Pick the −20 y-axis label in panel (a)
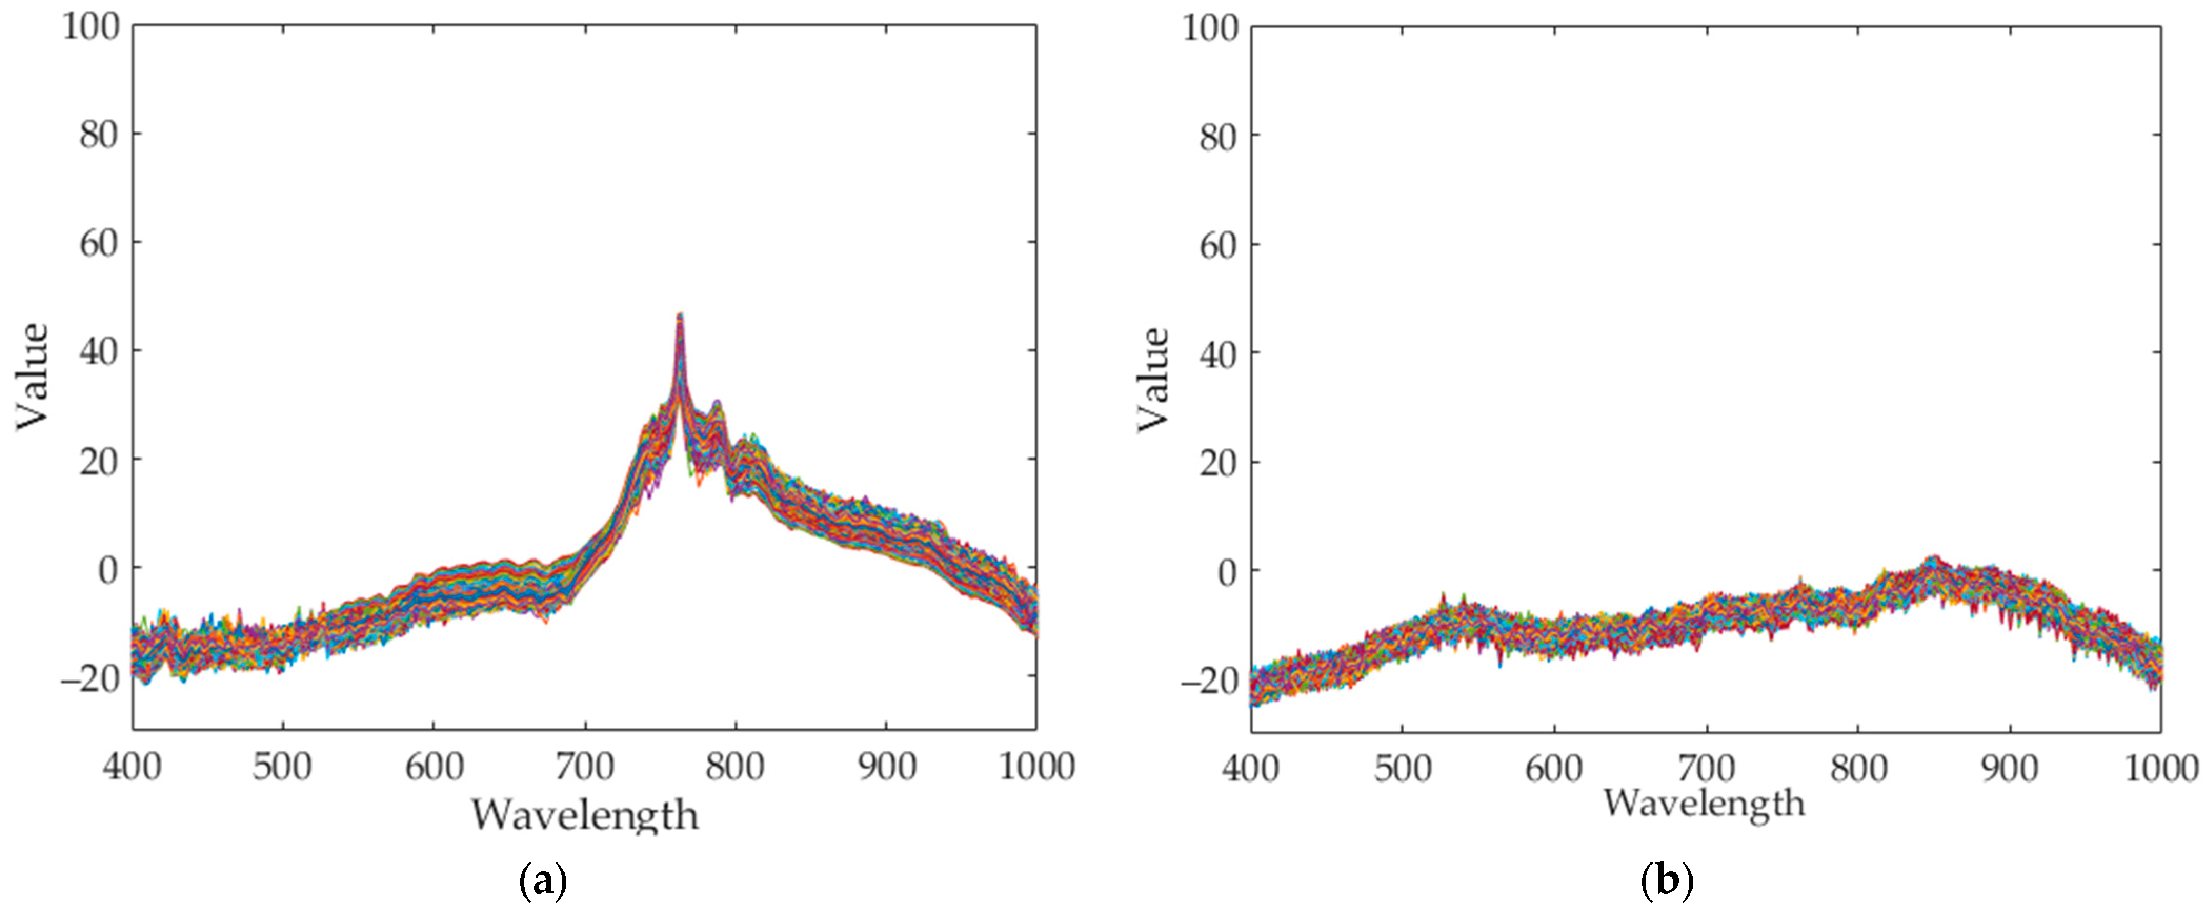coord(89,681)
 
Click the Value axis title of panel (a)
coord(33,377)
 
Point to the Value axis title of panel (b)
coord(1153,379)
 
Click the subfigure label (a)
coord(542,881)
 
